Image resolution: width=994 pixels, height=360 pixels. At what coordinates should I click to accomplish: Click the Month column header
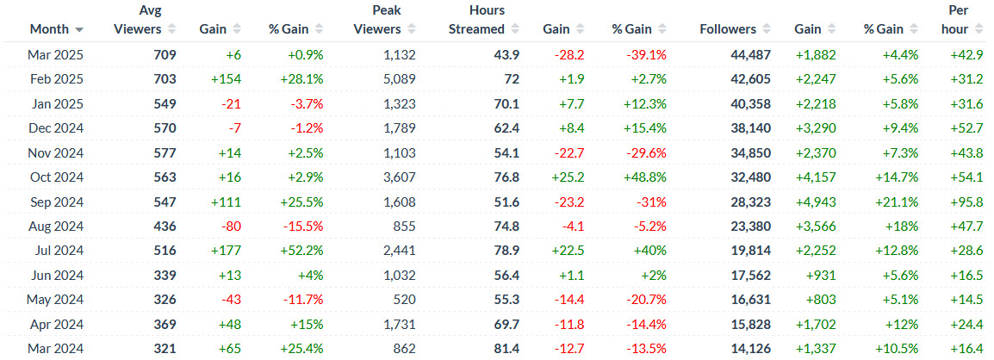click(x=49, y=28)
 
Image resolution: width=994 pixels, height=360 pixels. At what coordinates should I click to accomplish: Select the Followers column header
click(x=728, y=28)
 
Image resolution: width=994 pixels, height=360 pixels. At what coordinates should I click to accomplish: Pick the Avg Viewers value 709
click(x=165, y=55)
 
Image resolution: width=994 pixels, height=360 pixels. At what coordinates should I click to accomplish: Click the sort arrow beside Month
click(x=80, y=29)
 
